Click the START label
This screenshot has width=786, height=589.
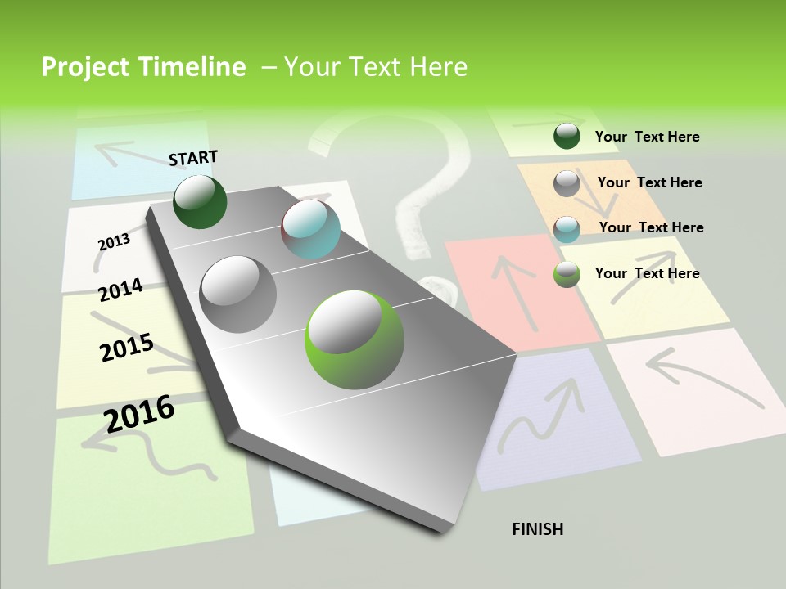point(193,158)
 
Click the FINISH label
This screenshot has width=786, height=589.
point(537,529)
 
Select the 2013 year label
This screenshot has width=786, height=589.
point(114,241)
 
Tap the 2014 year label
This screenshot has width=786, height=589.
point(120,290)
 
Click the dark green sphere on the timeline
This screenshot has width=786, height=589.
point(200,201)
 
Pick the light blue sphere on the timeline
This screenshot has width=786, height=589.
point(310,229)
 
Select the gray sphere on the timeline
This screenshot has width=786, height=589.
point(238,294)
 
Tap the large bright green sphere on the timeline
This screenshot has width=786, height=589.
point(355,339)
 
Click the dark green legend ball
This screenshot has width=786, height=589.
point(567,136)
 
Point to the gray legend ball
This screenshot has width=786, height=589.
point(567,183)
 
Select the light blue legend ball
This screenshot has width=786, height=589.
point(567,229)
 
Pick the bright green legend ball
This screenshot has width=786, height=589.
point(567,274)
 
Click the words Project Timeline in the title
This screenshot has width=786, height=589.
point(143,67)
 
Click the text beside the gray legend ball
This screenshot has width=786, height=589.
point(649,182)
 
